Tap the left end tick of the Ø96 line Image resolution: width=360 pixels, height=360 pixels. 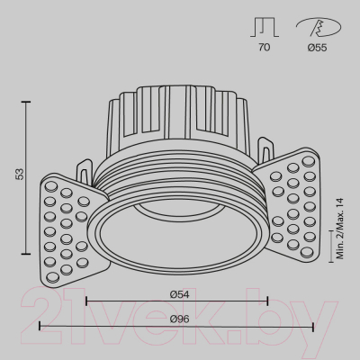point(40,326)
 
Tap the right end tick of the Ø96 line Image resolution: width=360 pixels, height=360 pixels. point(313,326)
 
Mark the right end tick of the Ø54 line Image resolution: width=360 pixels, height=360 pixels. point(268,300)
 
